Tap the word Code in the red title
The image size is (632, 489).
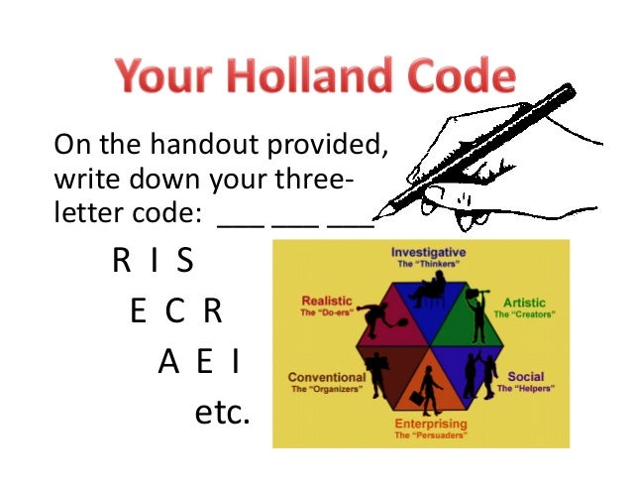click(465, 78)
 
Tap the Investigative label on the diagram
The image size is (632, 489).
click(428, 253)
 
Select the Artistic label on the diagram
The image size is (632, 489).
click(525, 302)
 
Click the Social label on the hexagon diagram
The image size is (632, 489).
click(527, 377)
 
